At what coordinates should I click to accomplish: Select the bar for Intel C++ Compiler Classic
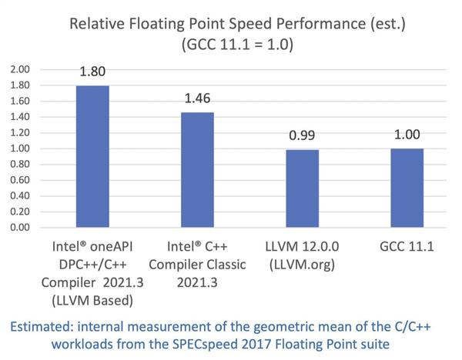point(197,170)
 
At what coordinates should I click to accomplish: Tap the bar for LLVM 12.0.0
point(302,188)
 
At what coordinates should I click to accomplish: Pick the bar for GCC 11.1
point(407,188)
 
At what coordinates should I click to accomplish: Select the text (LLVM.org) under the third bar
point(303,266)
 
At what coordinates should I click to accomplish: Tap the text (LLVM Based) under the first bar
point(92,299)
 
